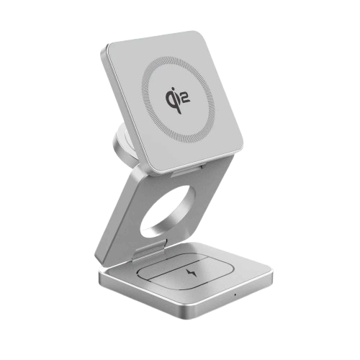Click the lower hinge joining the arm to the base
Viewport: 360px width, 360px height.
(x=140, y=249)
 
